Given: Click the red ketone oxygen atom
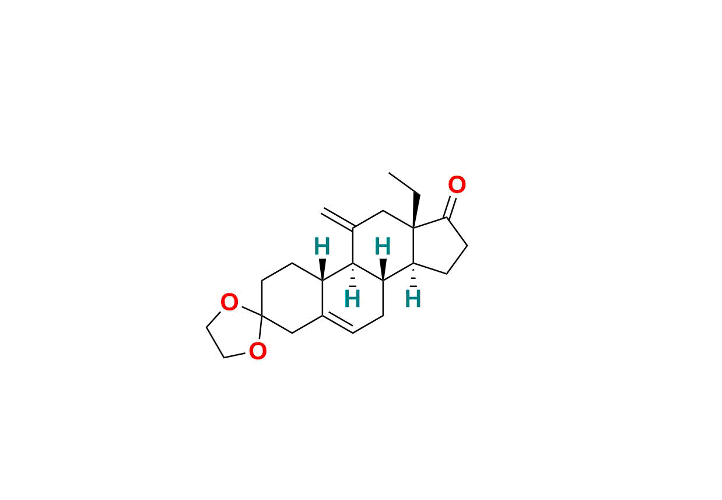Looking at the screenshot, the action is click(x=457, y=185).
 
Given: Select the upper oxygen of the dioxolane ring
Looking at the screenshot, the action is click(x=229, y=302).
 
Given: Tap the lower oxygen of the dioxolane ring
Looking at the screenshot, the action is click(x=258, y=351).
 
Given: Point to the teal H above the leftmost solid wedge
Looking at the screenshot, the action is click(x=322, y=246).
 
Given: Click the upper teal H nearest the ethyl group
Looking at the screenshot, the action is click(x=383, y=246).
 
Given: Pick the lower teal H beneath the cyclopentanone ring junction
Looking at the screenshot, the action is click(x=413, y=299).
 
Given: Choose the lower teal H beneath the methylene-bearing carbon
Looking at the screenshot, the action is click(x=352, y=299).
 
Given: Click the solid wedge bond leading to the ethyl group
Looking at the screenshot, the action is click(x=415, y=211).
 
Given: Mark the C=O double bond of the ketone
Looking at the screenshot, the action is click(x=450, y=207).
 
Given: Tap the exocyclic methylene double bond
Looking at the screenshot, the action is click(x=338, y=219).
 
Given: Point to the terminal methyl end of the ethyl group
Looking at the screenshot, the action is click(x=389, y=173).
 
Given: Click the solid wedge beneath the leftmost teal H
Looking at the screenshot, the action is click(x=323, y=269).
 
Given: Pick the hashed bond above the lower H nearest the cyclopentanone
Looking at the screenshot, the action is click(x=413, y=275).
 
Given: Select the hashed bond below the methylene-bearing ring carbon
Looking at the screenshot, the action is click(x=353, y=275).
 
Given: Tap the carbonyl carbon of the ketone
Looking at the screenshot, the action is click(x=446, y=218).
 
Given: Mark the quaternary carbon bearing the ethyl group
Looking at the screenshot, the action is click(x=413, y=229).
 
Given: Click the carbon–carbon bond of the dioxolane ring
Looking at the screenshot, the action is click(x=215, y=342).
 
